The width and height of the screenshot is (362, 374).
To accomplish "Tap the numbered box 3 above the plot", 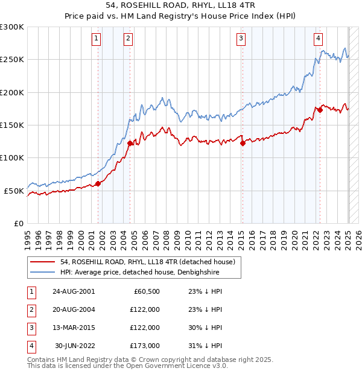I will (241, 39).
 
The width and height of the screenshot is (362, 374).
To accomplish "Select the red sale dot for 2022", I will (320, 110).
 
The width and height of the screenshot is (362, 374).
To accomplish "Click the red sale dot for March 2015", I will (243, 144).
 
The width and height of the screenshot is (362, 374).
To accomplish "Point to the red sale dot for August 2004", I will (130, 143).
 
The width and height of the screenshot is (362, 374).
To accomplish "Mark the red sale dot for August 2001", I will (98, 183).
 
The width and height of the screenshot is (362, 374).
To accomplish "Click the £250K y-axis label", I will (12, 60).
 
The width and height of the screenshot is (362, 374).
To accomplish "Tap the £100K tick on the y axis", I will (12, 158).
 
